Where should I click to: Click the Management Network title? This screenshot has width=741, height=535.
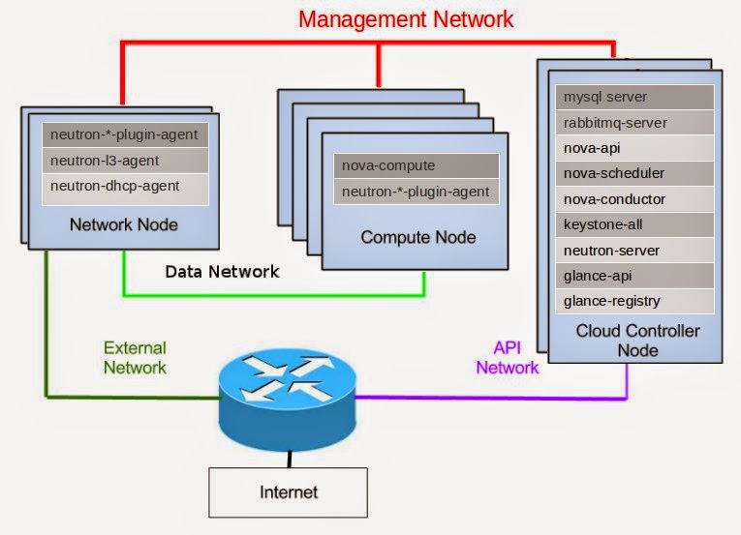point(405,18)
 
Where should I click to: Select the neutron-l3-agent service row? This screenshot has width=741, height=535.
point(125,161)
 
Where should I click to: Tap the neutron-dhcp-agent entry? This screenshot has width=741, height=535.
point(125,187)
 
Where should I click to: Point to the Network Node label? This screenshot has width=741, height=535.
point(124,225)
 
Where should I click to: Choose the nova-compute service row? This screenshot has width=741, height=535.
point(417,165)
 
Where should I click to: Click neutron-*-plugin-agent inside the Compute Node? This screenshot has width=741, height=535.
point(417,192)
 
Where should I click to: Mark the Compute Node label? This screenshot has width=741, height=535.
point(418,237)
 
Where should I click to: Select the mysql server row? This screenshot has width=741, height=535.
point(635,98)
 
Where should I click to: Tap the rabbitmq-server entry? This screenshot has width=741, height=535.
point(635,123)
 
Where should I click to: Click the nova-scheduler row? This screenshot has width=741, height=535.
point(635,174)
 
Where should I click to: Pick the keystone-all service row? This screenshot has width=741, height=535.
point(635,225)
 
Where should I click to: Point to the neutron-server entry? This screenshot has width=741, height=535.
point(635,251)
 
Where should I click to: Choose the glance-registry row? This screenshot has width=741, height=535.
point(635,301)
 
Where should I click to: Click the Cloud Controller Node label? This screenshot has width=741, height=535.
point(637,340)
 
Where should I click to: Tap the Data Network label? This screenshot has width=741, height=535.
point(222,272)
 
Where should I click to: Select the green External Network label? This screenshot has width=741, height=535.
point(136,358)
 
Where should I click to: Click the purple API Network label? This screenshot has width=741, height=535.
point(507,358)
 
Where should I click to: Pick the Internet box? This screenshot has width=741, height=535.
point(289,492)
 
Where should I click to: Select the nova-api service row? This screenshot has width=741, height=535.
point(635,149)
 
